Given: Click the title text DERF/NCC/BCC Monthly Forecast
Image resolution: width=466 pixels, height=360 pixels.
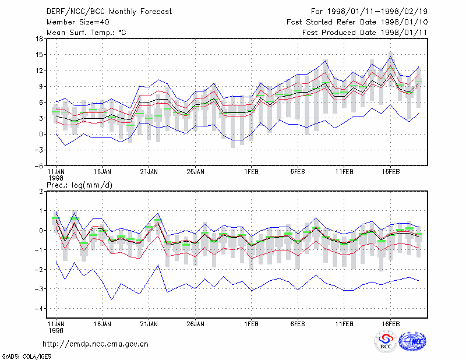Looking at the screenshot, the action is pos(109,12).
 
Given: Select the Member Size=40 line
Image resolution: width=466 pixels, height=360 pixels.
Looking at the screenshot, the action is pos(78,22).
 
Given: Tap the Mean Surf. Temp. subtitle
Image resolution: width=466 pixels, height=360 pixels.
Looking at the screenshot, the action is pos(86,33).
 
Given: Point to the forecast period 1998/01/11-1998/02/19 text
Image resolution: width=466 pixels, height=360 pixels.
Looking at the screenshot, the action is pos(369,12).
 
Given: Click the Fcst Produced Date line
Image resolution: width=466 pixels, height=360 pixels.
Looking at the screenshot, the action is pos(365,33).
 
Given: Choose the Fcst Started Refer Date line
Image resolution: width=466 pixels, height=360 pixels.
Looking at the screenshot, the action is pos(357,22).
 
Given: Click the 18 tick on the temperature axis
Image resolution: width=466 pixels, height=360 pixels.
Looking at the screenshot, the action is pos(39,38).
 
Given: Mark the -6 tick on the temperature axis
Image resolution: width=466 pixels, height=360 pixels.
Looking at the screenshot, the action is pos(38,165).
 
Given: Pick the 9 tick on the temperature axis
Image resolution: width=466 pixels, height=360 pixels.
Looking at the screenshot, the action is pos(41,87).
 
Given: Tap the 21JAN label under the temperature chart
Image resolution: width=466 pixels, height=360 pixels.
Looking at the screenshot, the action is pos(149,172).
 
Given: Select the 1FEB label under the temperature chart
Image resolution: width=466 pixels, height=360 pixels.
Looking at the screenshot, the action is pos(252,172).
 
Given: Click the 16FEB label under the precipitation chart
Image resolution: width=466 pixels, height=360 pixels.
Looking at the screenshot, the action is pos(391,324).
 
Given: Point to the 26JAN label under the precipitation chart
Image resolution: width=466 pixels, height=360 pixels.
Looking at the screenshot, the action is pos(195,324).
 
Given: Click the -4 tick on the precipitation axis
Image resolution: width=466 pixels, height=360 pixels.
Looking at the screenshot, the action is pos(38,309).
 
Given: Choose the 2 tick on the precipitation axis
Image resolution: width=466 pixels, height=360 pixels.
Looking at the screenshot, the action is pos(41,192).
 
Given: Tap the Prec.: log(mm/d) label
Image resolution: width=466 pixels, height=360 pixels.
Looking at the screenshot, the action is pos(80,185).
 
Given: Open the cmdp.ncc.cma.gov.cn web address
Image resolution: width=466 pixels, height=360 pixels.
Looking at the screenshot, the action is pos(96,344).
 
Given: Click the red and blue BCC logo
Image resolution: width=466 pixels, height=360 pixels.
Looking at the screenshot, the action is pos(386,341).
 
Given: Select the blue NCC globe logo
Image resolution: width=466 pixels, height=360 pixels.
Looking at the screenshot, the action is pos(412,341).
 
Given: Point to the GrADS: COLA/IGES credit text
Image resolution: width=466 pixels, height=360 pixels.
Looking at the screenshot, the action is pos(27,357).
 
